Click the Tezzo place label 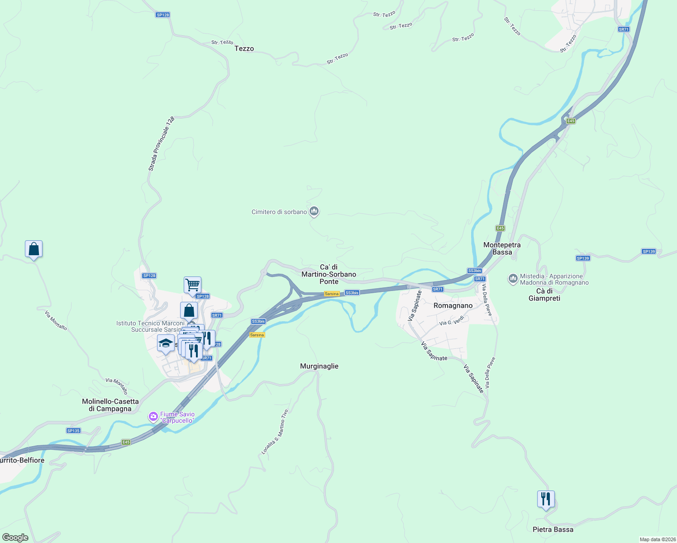point(244,48)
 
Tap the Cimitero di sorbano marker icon point(314,211)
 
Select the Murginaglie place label point(319,366)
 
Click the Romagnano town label point(453,305)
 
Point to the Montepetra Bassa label point(502,248)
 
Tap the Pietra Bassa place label point(553,529)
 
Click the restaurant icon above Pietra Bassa point(546,499)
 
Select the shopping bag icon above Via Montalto point(33,249)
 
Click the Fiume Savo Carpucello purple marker point(153,416)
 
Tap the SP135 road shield point(73,430)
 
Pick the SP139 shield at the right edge point(648,251)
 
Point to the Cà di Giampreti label point(544,295)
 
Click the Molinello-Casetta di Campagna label point(110,405)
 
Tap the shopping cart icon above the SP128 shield point(192,285)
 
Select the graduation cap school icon point(166,343)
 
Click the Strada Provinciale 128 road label point(162,143)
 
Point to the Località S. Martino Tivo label point(275,432)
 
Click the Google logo point(15,538)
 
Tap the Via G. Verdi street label point(452,322)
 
